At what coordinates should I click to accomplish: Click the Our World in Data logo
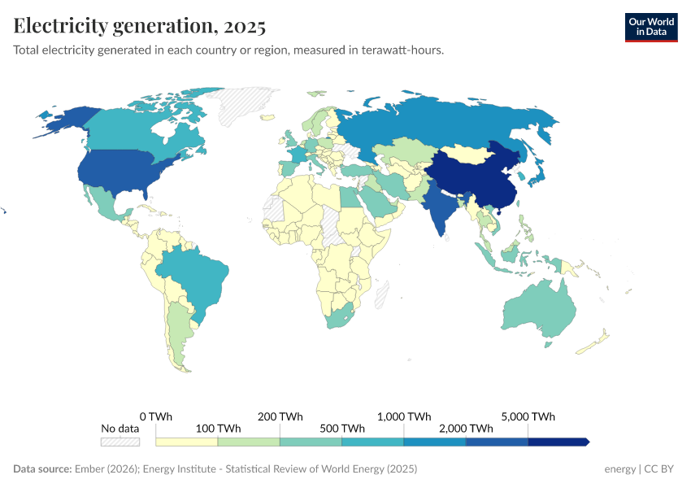[x=650, y=27]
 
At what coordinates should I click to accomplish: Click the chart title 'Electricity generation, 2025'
[x=140, y=26]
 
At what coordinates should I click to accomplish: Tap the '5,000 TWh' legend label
[x=528, y=416]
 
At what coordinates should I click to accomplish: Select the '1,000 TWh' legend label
[x=404, y=416]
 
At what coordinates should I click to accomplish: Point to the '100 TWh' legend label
[x=218, y=428]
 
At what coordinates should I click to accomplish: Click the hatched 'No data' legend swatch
[x=120, y=442]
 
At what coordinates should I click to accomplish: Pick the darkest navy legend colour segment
[x=558, y=442]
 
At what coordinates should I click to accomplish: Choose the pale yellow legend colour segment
[x=187, y=442]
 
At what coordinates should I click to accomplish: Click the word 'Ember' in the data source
[x=89, y=469]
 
